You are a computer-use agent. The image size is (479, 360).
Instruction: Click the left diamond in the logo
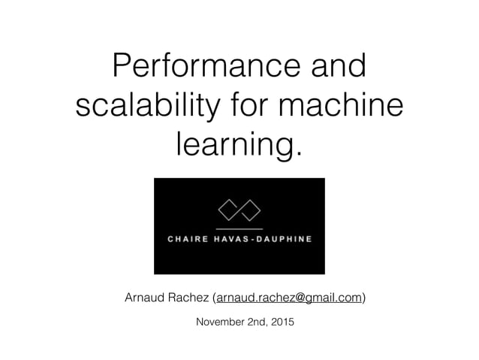[x=228, y=208]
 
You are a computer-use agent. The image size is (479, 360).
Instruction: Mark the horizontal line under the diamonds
[x=239, y=226]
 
